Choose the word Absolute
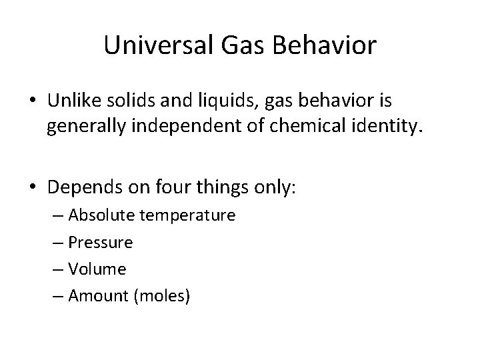click(99, 216)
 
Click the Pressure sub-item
click(101, 243)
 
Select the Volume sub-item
click(97, 269)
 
